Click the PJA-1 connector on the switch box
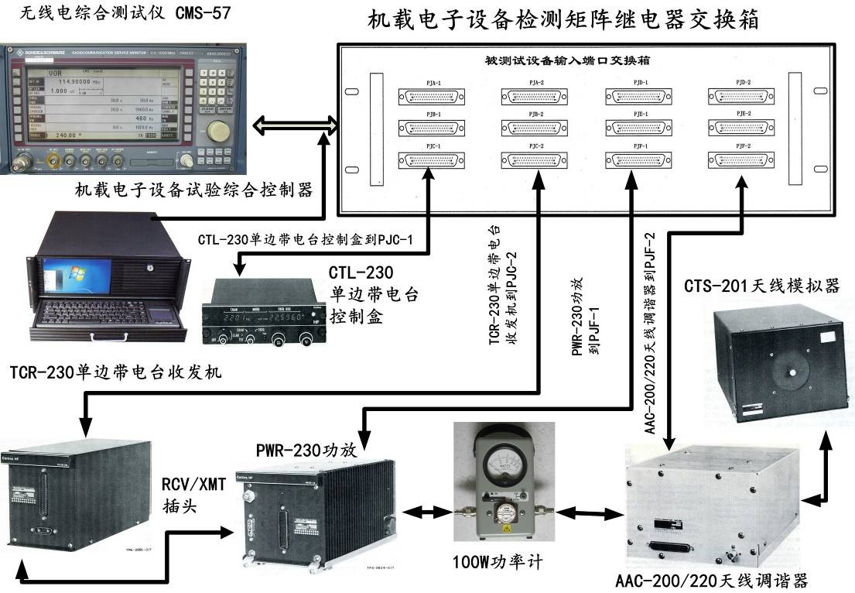[x=431, y=96]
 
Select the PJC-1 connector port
[x=431, y=159]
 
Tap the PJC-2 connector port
[x=535, y=159]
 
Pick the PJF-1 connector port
[x=637, y=159]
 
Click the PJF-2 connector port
[x=740, y=159]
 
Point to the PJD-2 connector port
[x=740, y=96]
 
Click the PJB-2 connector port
[x=535, y=128]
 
